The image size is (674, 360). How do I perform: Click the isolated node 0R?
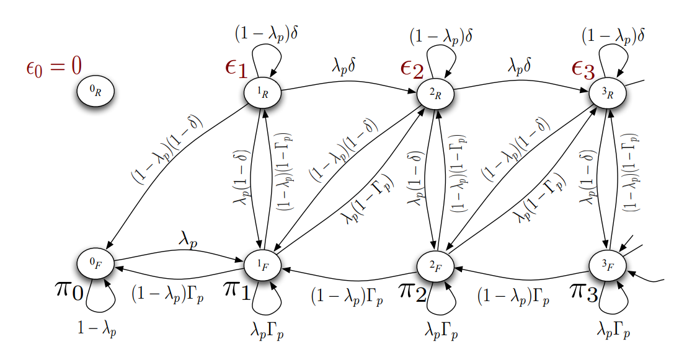(x=95, y=92)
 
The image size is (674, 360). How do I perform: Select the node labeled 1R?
(x=264, y=92)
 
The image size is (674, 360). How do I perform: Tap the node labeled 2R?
(x=435, y=92)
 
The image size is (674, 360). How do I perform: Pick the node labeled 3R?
(x=607, y=92)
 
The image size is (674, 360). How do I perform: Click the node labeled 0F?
(x=95, y=263)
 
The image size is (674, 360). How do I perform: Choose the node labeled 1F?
(x=264, y=263)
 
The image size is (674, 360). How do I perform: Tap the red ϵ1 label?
(x=237, y=68)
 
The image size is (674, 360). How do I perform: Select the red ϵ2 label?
(x=411, y=69)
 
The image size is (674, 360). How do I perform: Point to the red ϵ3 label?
(x=583, y=69)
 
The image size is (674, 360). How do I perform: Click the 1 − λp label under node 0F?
(x=97, y=328)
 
